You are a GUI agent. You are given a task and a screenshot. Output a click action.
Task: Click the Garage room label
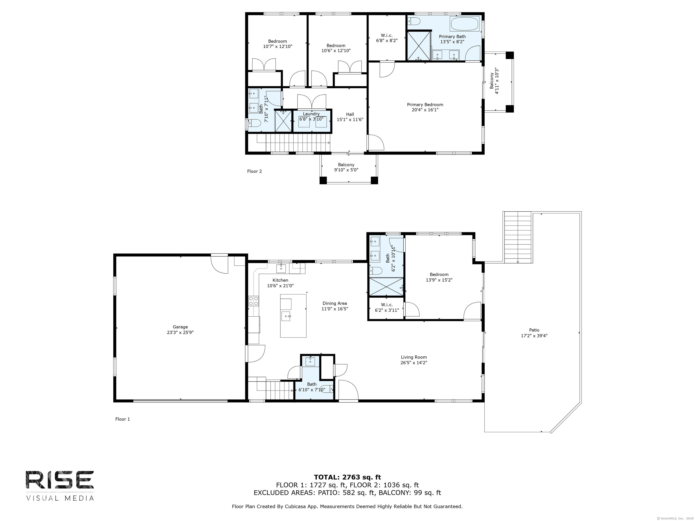(x=180, y=327)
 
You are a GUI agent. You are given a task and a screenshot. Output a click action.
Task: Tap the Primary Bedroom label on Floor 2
(x=425, y=104)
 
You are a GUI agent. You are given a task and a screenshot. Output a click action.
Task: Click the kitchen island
(x=293, y=316)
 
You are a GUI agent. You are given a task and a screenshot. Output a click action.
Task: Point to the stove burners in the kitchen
(x=254, y=301)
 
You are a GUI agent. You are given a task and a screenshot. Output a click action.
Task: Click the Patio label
(x=534, y=330)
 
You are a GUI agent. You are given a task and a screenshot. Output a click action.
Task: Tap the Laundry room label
(x=311, y=114)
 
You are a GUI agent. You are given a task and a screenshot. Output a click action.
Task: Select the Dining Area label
(x=335, y=303)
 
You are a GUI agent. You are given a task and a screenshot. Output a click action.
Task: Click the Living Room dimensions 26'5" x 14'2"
(x=414, y=362)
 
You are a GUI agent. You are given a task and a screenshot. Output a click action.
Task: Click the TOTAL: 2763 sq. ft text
(x=347, y=478)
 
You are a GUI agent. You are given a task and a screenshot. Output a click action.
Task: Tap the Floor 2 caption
(x=254, y=171)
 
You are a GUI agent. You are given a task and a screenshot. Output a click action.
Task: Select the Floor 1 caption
(x=123, y=419)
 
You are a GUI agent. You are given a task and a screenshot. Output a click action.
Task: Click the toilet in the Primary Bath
(x=414, y=21)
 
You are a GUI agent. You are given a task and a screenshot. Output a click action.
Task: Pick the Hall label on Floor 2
(x=350, y=114)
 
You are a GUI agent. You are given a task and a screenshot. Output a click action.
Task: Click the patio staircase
(x=517, y=237)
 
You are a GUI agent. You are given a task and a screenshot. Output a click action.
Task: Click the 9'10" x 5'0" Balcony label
(x=346, y=167)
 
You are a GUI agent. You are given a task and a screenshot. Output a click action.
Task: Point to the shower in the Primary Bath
(x=419, y=45)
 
